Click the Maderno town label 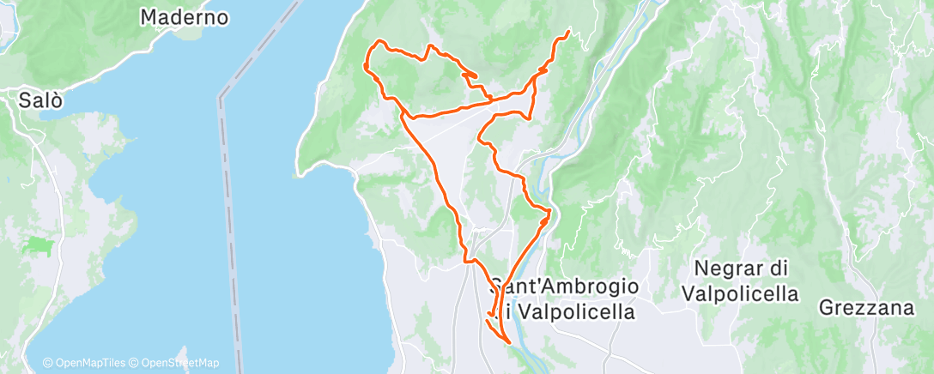point(184,16)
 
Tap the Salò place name point(41,100)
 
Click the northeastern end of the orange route point(569,33)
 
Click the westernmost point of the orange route point(366,66)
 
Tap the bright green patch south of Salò point(39,245)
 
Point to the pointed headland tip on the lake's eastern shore point(301,174)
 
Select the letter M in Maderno point(149,16)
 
